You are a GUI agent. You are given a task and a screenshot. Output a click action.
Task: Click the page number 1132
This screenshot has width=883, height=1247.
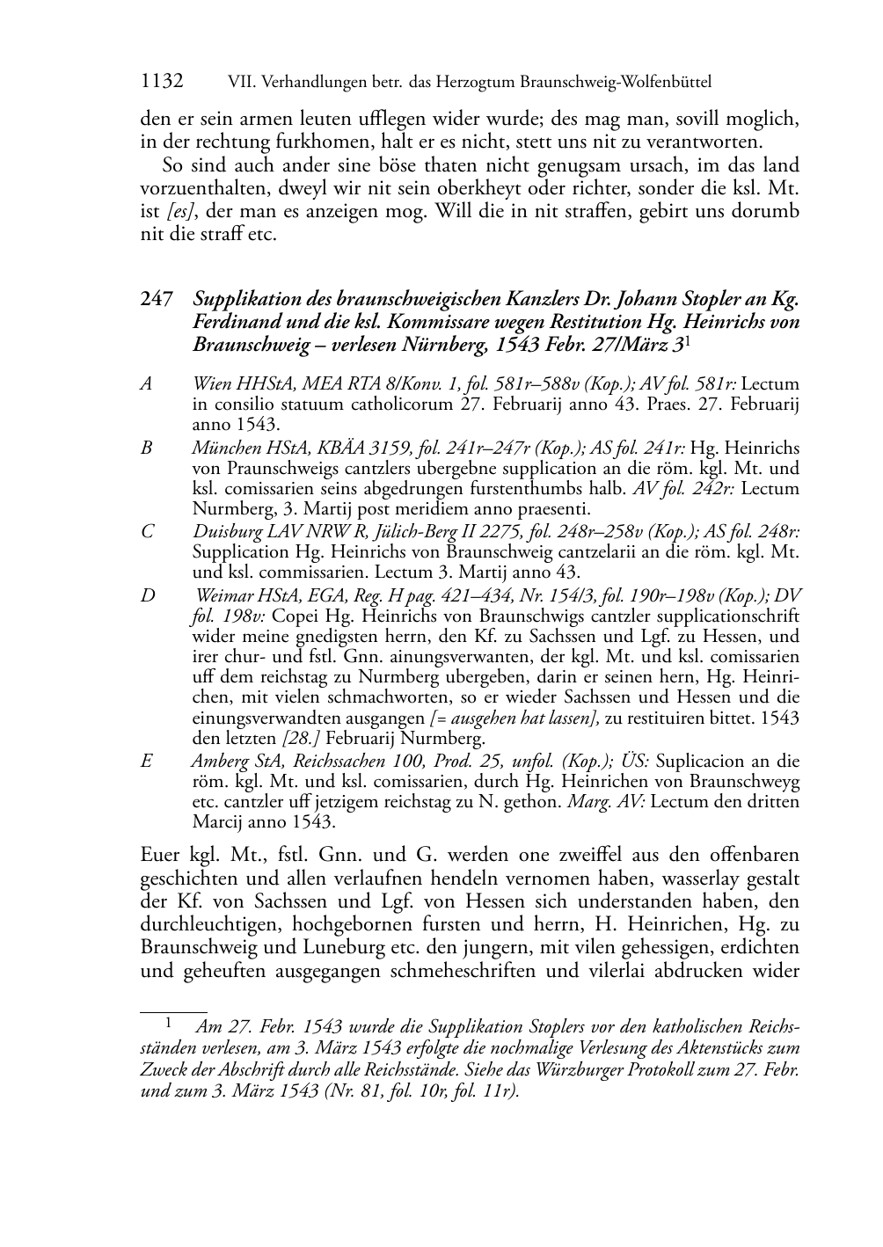click(x=162, y=82)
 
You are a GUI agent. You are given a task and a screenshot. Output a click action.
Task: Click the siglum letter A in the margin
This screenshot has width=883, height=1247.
click(x=146, y=383)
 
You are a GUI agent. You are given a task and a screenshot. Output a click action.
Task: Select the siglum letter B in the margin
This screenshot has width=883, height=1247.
click(x=146, y=448)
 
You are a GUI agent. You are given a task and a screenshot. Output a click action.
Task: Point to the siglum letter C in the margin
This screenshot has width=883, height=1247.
click(x=146, y=531)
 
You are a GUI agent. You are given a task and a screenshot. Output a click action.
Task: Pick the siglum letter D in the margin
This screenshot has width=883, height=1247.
click(x=147, y=595)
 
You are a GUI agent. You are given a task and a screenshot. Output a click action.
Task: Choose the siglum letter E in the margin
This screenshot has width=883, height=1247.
click(x=146, y=762)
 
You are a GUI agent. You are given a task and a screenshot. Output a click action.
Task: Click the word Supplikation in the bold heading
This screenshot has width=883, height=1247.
click(x=244, y=299)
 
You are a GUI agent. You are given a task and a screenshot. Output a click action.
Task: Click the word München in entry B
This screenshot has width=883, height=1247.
click(x=223, y=448)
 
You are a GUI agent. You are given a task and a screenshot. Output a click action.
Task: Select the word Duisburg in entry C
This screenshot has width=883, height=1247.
click(x=224, y=531)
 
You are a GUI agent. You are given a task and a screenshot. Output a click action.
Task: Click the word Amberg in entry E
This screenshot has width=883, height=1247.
click(x=217, y=762)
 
